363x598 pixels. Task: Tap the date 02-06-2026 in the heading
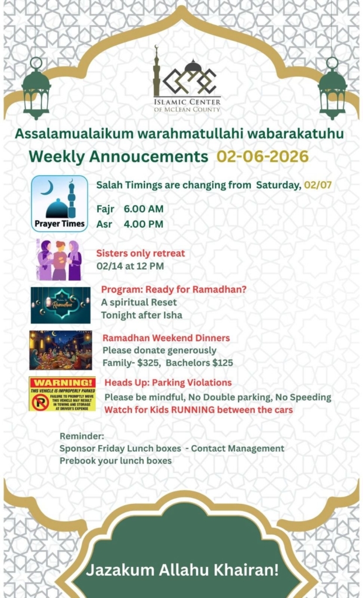[x=262, y=157]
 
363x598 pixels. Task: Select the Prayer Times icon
[x=59, y=204]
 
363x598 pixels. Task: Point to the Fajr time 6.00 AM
[x=143, y=209]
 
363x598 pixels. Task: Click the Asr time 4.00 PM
[x=143, y=224]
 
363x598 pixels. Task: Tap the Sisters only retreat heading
[x=140, y=253]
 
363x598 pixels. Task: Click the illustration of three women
[x=59, y=260]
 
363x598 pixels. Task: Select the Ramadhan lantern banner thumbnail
[x=60, y=305]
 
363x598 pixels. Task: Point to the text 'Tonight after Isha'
[x=141, y=315]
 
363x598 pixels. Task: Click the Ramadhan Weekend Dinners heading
[x=166, y=338]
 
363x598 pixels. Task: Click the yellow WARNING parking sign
[x=62, y=394]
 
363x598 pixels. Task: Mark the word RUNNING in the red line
[x=186, y=410]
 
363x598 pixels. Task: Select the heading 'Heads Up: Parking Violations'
[x=168, y=383]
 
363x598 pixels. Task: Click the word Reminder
[x=82, y=436]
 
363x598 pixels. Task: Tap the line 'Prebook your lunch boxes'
[x=116, y=461]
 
